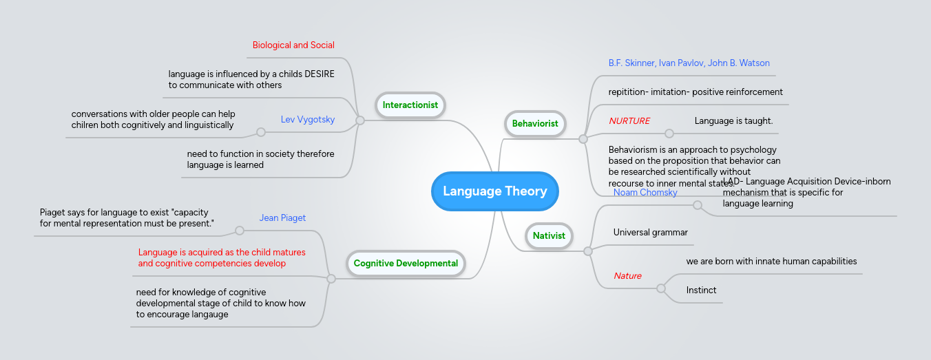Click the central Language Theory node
pyautogui.click(x=494, y=191)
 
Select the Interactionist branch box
pyautogui.click(x=410, y=105)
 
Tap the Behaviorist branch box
pyautogui.click(x=535, y=124)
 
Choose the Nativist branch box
pyautogui.click(x=549, y=235)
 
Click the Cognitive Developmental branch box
pyautogui.click(x=406, y=264)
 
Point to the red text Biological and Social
pyautogui.click(x=293, y=45)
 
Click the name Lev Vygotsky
pyautogui.click(x=308, y=120)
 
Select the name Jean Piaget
pyautogui.click(x=282, y=218)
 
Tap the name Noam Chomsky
pyautogui.click(x=645, y=193)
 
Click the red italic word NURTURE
pyautogui.click(x=629, y=121)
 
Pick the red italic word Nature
pyautogui.click(x=627, y=276)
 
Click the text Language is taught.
pyautogui.click(x=733, y=121)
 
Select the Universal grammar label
pyautogui.click(x=651, y=233)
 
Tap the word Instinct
pyautogui.click(x=701, y=290)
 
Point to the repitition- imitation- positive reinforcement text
pyautogui.click(x=695, y=92)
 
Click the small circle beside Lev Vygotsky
pyautogui.click(x=261, y=132)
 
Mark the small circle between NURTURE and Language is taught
pyautogui.click(x=669, y=134)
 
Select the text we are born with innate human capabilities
pyautogui.click(x=771, y=262)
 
